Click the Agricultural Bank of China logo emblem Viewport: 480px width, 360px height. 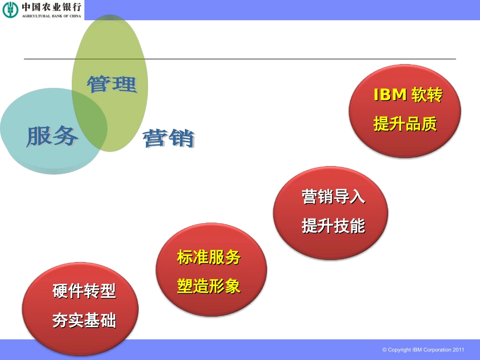pyautogui.click(x=10, y=9)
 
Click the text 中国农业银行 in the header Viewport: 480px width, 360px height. pyautogui.click(x=51, y=7)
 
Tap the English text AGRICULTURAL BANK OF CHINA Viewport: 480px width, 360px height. pyautogui.click(x=51, y=16)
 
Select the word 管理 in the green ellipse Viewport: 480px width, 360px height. pyautogui.click(x=112, y=84)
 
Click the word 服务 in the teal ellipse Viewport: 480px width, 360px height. pyautogui.click(x=53, y=135)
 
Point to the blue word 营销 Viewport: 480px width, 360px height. pyautogui.click(x=169, y=138)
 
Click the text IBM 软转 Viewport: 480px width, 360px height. pyautogui.click(x=407, y=95)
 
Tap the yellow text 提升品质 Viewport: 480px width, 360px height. pyautogui.click(x=405, y=123)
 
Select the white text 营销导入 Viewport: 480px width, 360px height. pyautogui.click(x=333, y=196)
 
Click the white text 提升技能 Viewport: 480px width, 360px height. pyautogui.click(x=333, y=226)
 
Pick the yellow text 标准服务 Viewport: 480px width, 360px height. pyautogui.click(x=209, y=257)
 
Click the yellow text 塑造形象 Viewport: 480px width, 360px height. pyautogui.click(x=209, y=286)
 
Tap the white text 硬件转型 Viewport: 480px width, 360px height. pyautogui.click(x=84, y=291)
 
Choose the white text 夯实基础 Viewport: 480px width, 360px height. pyautogui.click(x=84, y=320)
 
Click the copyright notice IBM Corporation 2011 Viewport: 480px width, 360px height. pyautogui.click(x=423, y=349)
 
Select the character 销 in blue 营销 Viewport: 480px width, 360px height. pyautogui.click(x=182, y=138)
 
